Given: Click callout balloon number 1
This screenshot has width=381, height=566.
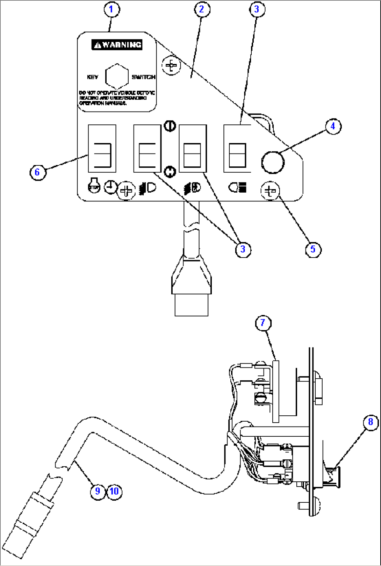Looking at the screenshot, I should point(111,9).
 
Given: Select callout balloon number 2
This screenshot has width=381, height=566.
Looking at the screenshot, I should point(202,9).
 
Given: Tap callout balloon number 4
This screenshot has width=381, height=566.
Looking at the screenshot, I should point(333,126).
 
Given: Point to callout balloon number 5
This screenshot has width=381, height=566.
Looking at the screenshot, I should point(313,249).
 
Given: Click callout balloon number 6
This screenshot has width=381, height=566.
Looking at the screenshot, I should point(37,172).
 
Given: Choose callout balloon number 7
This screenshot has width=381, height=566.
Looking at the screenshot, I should point(263,323).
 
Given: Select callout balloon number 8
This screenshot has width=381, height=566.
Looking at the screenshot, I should point(371,422).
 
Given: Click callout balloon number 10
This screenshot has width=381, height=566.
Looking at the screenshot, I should point(114,491).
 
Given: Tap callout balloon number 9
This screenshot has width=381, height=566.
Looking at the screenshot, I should point(98,491).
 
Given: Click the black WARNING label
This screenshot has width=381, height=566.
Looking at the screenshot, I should point(117,45).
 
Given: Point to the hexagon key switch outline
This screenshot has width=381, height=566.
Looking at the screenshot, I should point(117,77).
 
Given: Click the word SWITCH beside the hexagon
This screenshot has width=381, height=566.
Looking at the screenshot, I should point(143,77).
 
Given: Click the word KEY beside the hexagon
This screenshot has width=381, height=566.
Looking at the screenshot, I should point(93,77).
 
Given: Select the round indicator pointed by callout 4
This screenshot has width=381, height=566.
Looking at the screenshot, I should point(273,162).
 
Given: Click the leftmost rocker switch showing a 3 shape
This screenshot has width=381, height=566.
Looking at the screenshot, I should point(102,148).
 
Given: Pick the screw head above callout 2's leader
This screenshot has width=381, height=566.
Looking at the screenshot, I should point(171,65).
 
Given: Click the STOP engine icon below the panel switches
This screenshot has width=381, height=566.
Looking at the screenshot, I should point(94,186).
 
